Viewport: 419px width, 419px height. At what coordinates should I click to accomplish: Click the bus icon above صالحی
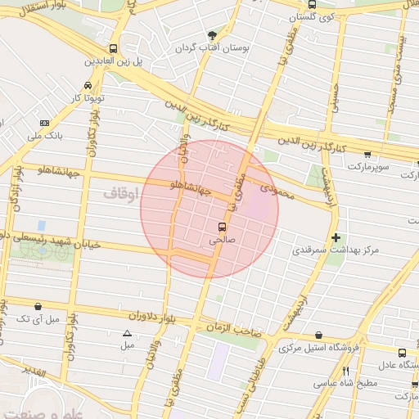coord(222,227)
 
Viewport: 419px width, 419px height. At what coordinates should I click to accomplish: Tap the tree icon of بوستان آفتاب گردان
coord(213,35)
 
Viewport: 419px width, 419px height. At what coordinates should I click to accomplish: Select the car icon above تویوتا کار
coord(88,85)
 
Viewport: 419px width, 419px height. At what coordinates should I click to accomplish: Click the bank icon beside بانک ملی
coord(43,124)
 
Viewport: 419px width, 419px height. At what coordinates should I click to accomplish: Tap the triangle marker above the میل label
coord(127,332)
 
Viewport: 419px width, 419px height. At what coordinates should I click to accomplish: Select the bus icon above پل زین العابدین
coord(112,48)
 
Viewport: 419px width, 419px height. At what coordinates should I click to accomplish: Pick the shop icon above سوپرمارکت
coord(367,154)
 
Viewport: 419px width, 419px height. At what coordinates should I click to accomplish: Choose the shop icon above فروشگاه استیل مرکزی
coord(318,336)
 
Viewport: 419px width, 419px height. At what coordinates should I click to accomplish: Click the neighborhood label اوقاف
coord(124,193)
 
